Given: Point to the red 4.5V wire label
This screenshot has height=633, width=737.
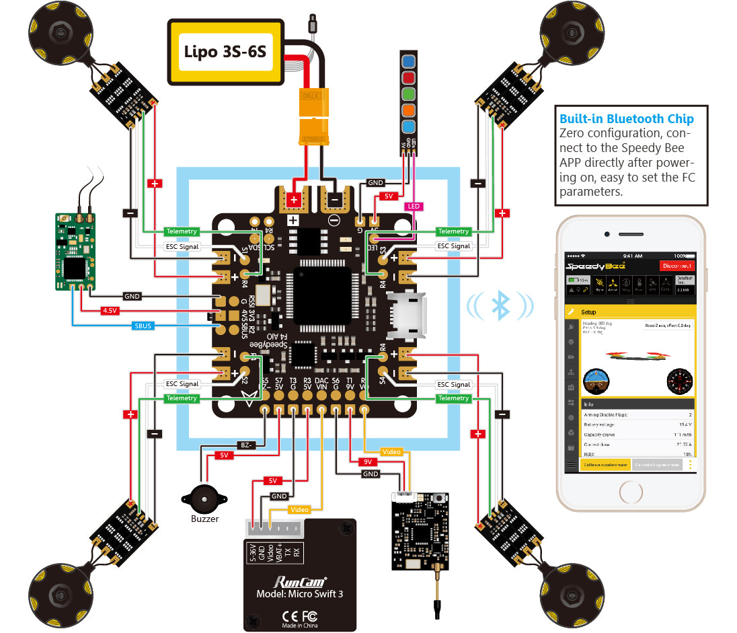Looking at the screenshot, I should point(109,311).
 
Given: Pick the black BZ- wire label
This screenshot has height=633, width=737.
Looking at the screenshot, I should point(247,445).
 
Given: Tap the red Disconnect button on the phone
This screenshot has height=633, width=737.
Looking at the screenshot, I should point(676,266).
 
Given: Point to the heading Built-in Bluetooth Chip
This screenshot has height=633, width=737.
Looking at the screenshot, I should point(626,119).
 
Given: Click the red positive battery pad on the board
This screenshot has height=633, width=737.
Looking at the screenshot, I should point(294,199).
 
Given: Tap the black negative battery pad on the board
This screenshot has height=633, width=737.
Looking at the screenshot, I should point(334,199).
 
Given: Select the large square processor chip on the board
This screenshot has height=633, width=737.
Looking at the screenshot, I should point(322,295).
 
